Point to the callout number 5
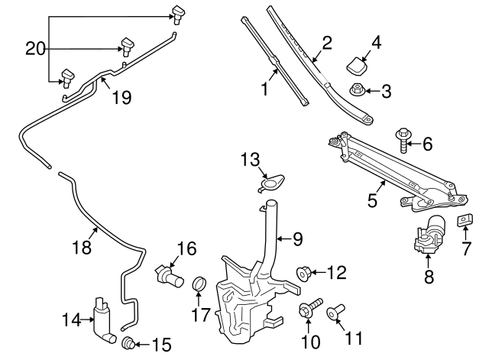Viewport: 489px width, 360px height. tap(372, 201)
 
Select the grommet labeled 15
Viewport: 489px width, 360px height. tap(128, 343)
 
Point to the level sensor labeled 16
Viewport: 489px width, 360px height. tap(170, 276)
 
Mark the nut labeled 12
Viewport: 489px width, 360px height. tap(303, 272)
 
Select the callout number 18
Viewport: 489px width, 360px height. tap(82, 247)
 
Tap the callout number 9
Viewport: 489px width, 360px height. tap(297, 239)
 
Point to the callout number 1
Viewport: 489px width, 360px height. tap(264, 90)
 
